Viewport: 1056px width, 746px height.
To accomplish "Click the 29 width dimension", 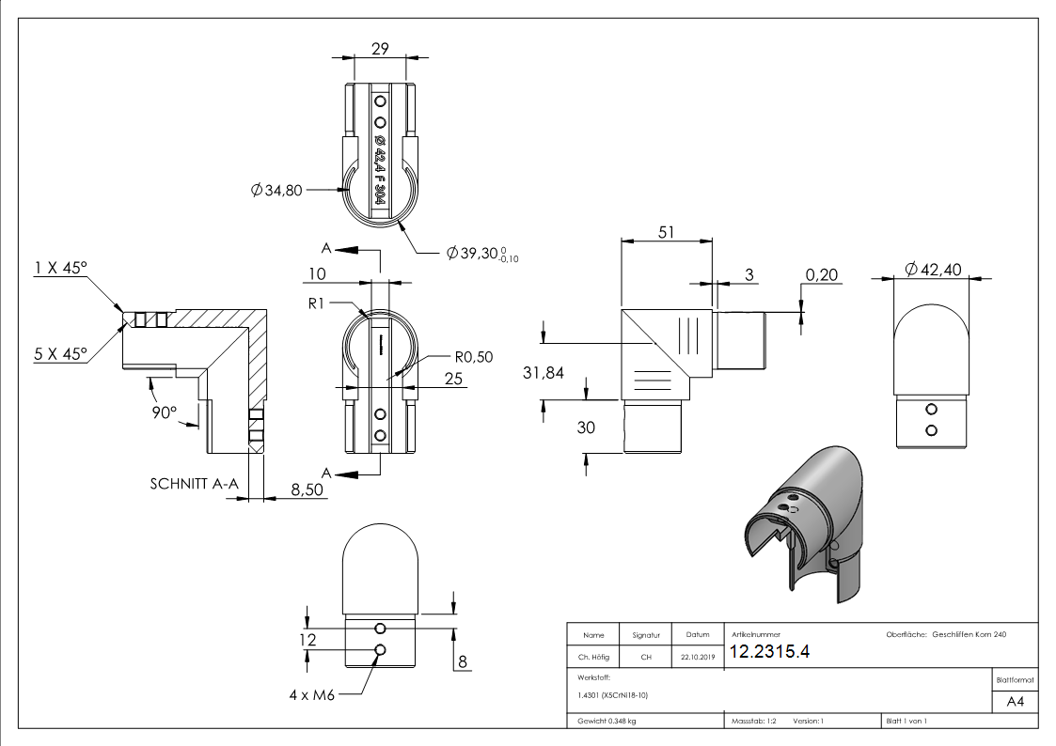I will pos(381,50).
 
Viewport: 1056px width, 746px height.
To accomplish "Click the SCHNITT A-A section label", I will pos(193,485).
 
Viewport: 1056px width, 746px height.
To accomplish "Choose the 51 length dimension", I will pos(666,232).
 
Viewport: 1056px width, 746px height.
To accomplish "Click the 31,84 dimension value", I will pos(543,373).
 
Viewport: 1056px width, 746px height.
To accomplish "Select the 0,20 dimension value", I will pos(823,275).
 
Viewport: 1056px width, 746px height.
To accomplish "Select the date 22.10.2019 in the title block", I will pos(697,658).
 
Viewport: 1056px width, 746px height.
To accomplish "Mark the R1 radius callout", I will pos(316,304).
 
